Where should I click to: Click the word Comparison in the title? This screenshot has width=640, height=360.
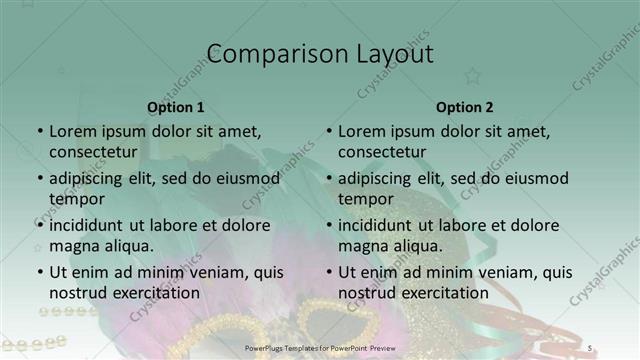[x=263, y=54]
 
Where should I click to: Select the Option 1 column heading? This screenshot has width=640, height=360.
[x=176, y=107]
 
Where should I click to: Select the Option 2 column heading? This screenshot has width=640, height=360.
[x=465, y=107]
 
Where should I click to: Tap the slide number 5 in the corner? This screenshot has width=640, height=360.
[x=590, y=347]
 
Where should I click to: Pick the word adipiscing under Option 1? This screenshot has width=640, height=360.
[x=91, y=178]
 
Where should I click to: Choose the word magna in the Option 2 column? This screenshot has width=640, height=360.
[x=360, y=245]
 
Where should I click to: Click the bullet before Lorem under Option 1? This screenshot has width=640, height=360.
[x=40, y=131]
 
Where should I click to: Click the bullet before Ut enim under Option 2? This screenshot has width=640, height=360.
[x=329, y=272]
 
